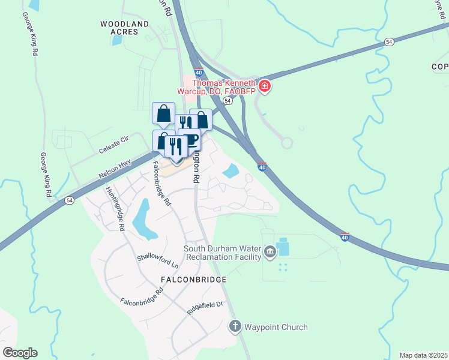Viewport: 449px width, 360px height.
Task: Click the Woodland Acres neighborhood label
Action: click(x=124, y=28)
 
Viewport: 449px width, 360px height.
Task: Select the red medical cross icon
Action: click(x=265, y=87)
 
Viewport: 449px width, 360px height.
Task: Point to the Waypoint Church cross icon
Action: click(x=235, y=327)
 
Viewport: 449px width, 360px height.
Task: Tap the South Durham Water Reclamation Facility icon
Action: click(x=270, y=251)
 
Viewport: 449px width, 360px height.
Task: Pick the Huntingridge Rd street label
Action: click(x=115, y=207)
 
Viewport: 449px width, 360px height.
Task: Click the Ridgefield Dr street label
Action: click(x=205, y=308)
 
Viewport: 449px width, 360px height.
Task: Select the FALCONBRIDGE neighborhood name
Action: click(x=193, y=280)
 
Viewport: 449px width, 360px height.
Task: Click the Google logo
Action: click(x=20, y=353)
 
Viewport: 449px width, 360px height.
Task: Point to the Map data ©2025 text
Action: click(x=423, y=355)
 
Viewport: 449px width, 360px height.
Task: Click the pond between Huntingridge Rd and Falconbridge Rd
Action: click(x=142, y=218)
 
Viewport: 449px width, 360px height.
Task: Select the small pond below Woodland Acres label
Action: click(x=116, y=41)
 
